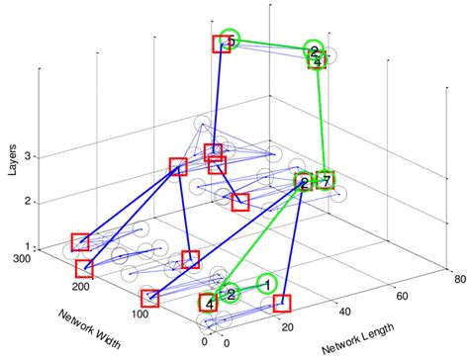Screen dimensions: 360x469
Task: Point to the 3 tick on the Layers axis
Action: [x=30, y=156]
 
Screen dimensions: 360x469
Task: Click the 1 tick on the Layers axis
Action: [x=30, y=247]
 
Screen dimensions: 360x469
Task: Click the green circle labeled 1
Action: [x=265, y=284]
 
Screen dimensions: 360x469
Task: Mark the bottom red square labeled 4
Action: [x=208, y=304]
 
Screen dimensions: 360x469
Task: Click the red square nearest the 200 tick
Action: [x=84, y=268]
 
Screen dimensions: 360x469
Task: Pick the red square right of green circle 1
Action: [x=283, y=303]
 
